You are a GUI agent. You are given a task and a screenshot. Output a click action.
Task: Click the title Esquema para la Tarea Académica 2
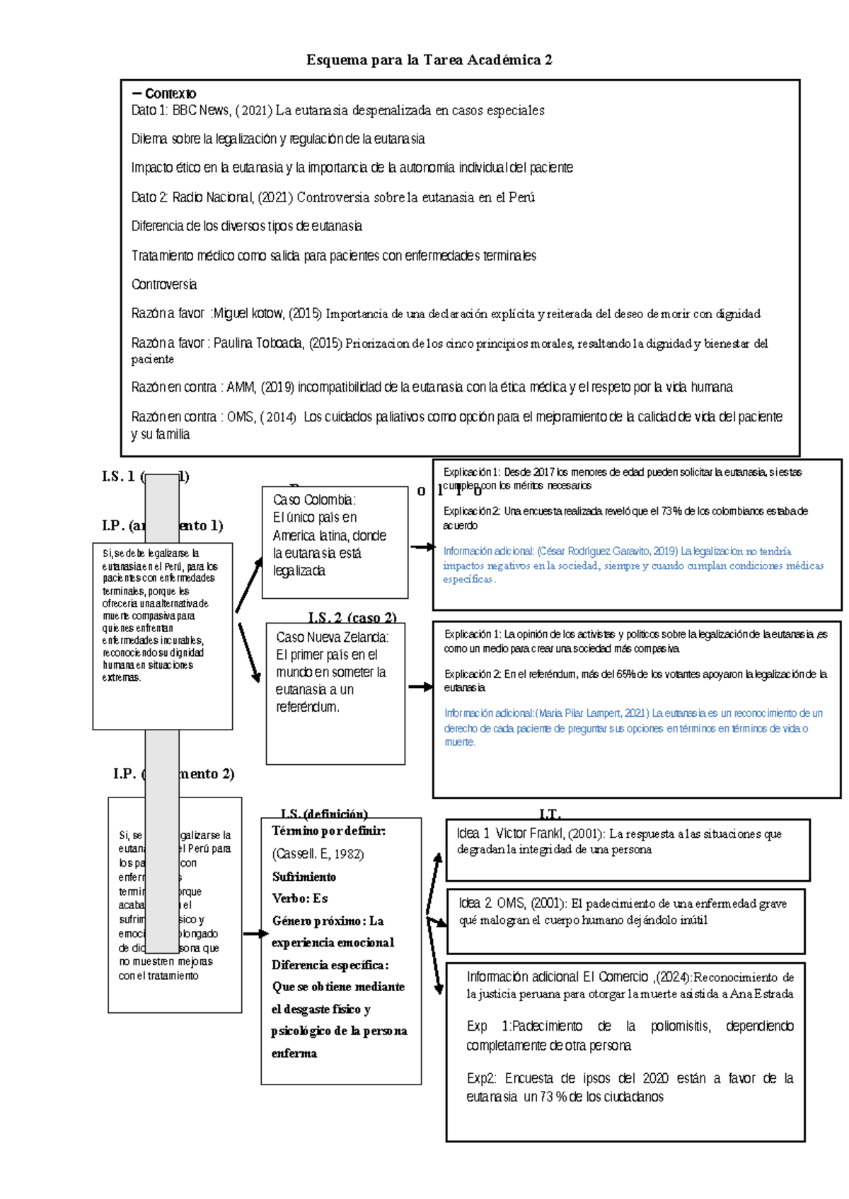click(x=429, y=60)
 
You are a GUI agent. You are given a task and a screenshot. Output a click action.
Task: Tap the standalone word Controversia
click(x=164, y=285)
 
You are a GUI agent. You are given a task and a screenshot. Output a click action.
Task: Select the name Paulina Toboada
click(x=259, y=344)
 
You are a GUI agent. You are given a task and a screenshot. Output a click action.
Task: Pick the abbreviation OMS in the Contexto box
click(x=241, y=417)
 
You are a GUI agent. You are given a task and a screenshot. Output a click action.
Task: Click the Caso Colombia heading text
click(x=314, y=500)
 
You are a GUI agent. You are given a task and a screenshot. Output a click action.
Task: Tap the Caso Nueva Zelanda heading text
click(x=332, y=637)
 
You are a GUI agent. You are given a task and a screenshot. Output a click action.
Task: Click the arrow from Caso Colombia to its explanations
click(x=422, y=546)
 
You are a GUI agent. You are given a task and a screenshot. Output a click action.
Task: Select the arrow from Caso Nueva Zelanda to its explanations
click(x=420, y=686)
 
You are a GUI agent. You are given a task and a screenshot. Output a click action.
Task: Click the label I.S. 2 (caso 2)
click(x=352, y=617)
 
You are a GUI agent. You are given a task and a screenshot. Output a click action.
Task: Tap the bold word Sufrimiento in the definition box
click(x=304, y=877)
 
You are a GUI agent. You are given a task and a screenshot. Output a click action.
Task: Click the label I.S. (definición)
click(x=324, y=814)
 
